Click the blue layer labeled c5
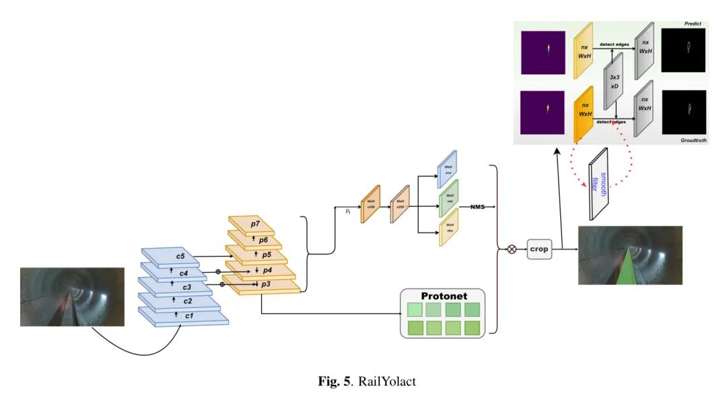180,256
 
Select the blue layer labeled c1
189,315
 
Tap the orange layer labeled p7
254,223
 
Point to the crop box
539,249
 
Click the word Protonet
444,296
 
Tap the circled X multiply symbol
511,249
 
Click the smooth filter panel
598,184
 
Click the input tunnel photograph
72,297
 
